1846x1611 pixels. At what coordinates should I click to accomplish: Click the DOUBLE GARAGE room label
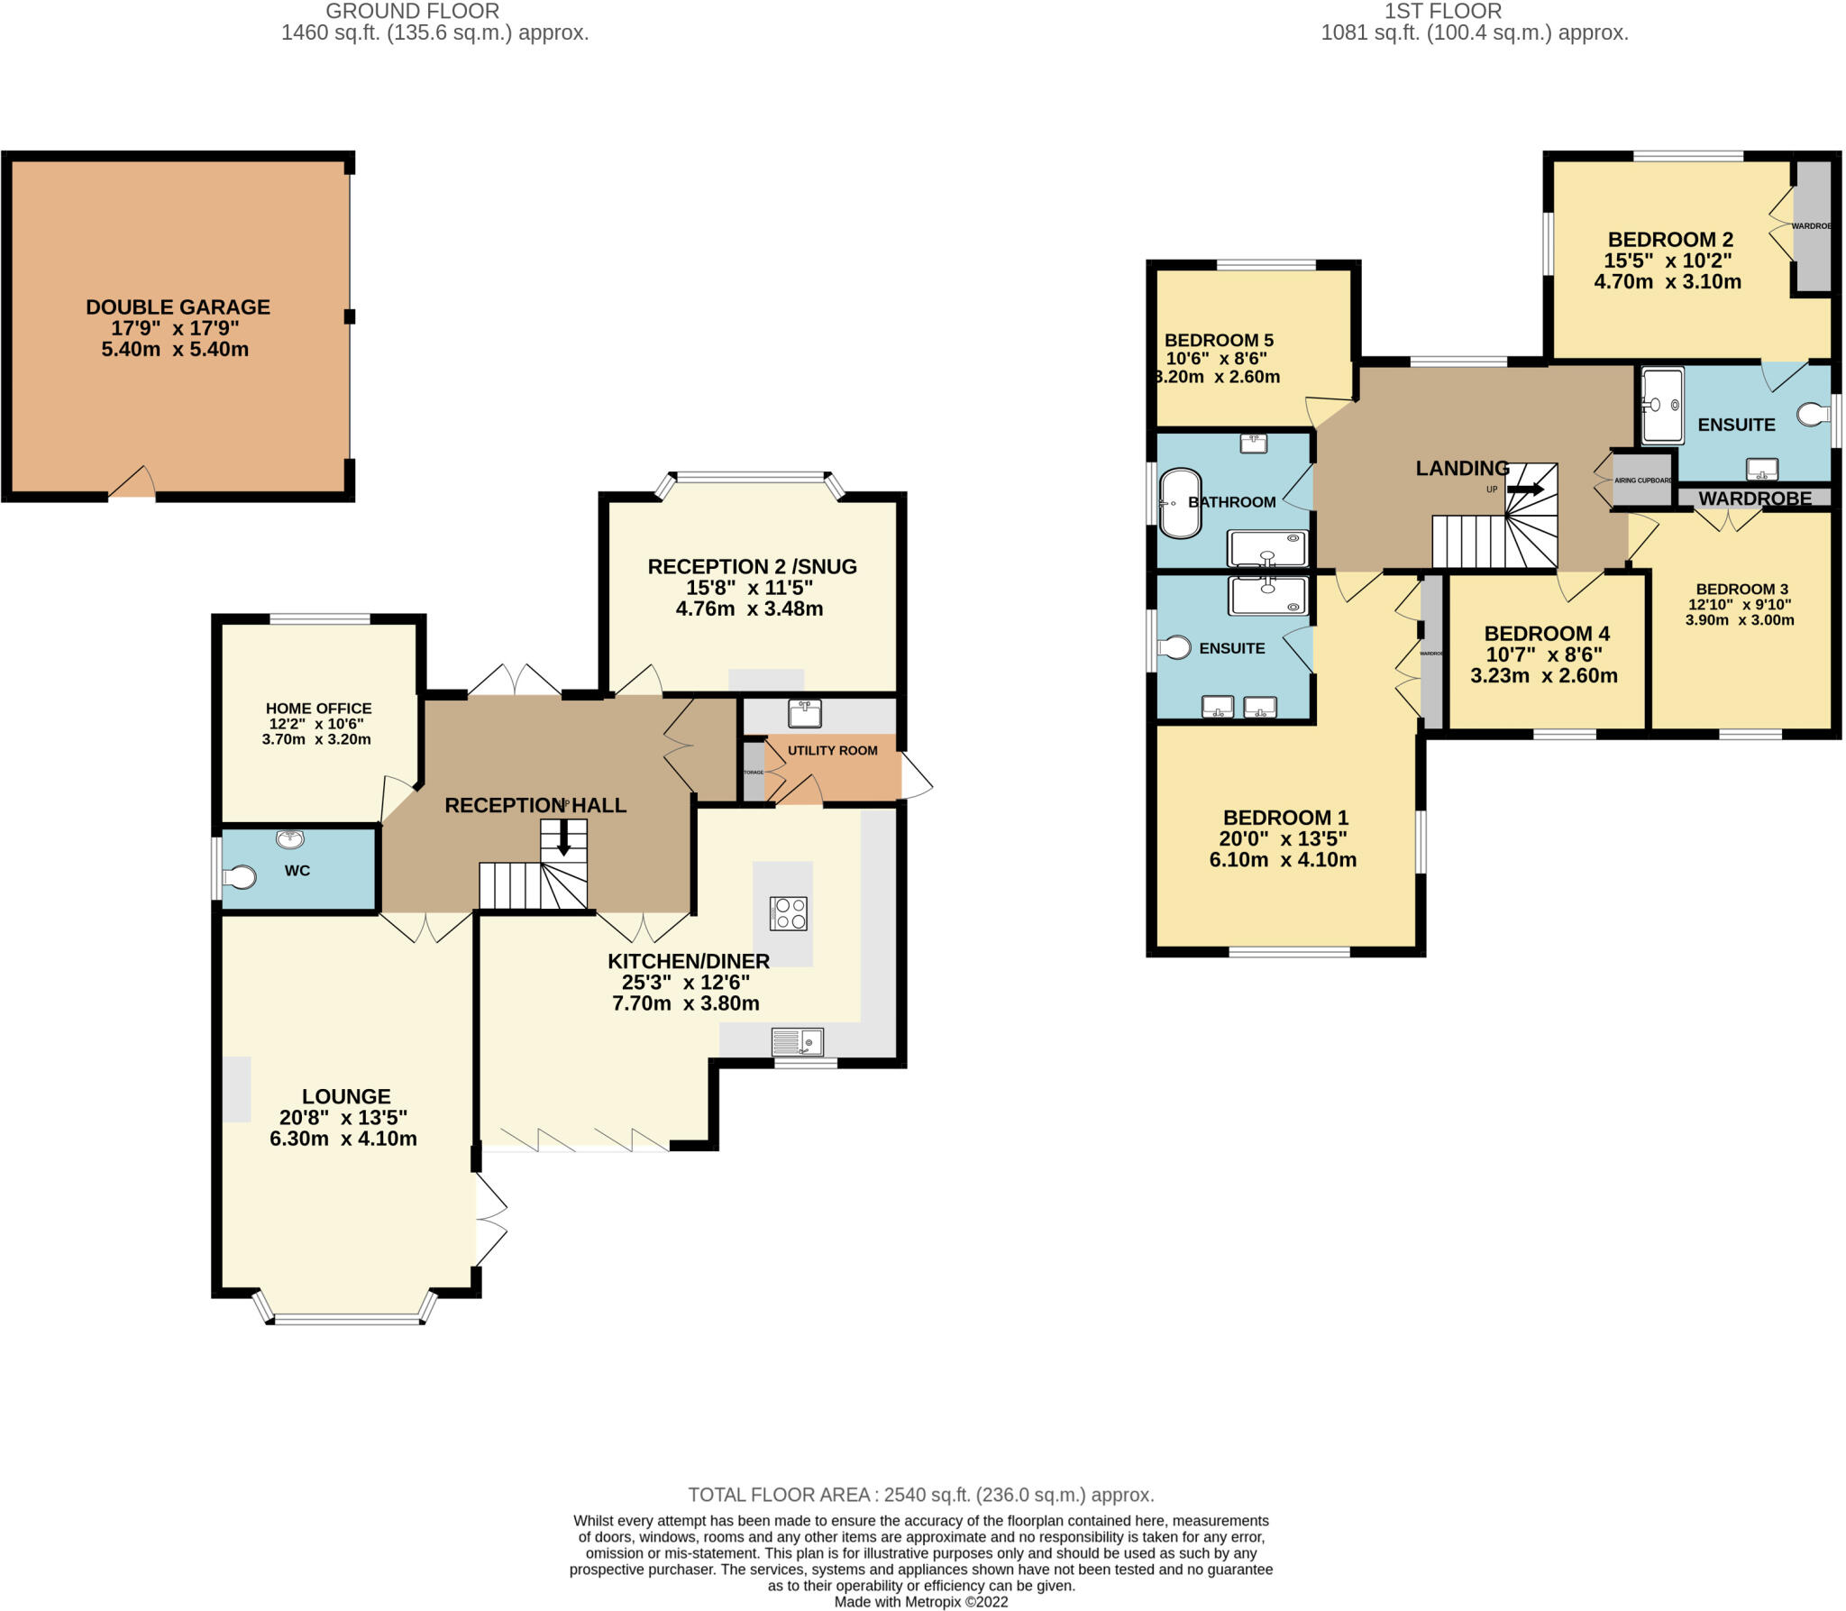[178, 307]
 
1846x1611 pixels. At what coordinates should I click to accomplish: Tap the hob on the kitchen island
[789, 913]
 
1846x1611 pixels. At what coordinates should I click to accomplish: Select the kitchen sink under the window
[798, 1042]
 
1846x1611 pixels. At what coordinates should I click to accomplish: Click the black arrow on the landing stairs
[1525, 490]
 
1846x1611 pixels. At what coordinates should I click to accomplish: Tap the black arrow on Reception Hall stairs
[564, 838]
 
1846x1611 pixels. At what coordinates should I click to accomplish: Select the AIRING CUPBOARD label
[1643, 481]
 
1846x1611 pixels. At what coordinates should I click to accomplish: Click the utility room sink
[804, 713]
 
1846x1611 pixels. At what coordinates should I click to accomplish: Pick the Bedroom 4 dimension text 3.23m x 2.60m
[1544, 675]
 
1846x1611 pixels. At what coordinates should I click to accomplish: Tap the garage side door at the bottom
[133, 485]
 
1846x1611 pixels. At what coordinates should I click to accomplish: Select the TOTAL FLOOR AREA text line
[921, 1495]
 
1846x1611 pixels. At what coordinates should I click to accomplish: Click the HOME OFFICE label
[318, 709]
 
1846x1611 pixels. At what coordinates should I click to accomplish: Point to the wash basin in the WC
[290, 839]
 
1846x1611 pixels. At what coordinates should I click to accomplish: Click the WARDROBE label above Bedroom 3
[1754, 499]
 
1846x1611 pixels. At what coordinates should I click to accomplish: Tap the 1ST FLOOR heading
[1443, 11]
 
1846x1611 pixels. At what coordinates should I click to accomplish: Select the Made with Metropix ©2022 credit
[921, 1602]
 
